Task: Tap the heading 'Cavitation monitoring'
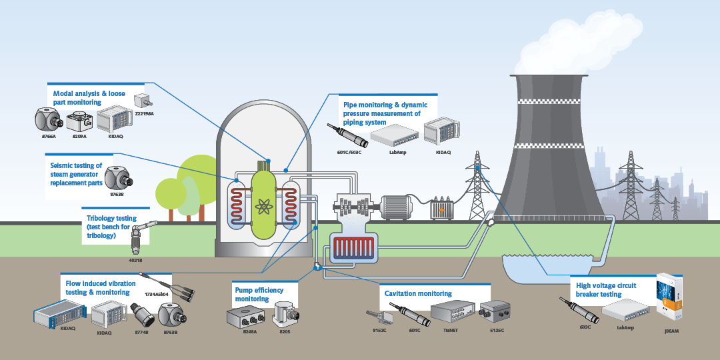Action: (x=418, y=293)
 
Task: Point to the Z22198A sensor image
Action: (x=143, y=101)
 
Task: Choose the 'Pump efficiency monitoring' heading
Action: (x=259, y=295)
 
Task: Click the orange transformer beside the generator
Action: (x=440, y=209)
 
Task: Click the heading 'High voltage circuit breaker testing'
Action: (x=606, y=290)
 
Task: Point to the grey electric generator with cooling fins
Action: (x=400, y=207)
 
